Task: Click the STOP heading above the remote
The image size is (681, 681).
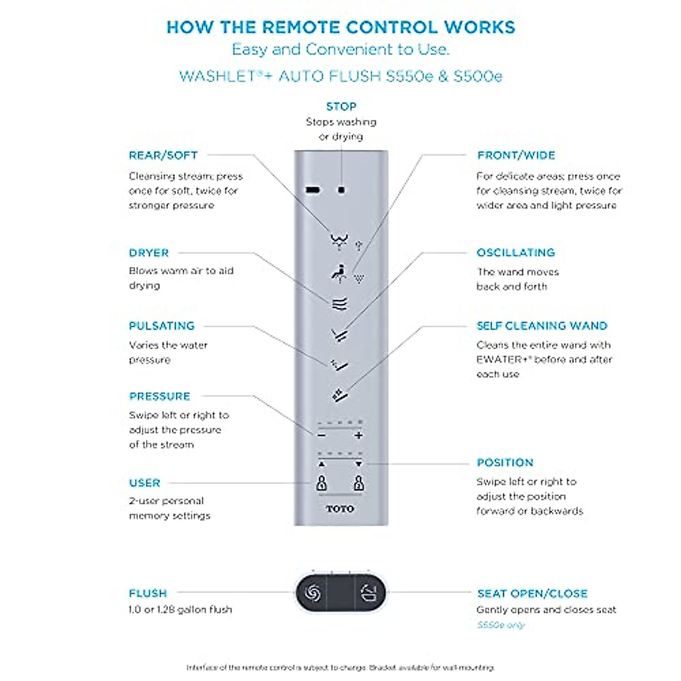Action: click(341, 107)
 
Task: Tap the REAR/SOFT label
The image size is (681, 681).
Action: click(163, 155)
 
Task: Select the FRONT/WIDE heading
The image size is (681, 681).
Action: click(516, 155)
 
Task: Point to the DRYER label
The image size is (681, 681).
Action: click(149, 253)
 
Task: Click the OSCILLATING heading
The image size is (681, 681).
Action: click(515, 253)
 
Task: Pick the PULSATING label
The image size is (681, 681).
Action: click(162, 326)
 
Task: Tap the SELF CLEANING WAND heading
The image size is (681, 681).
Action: click(542, 326)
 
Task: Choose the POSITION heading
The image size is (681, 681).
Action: click(505, 463)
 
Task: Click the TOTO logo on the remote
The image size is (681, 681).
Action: click(340, 509)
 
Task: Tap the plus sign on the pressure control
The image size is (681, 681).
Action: click(358, 436)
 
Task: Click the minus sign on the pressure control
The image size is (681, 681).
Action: click(322, 436)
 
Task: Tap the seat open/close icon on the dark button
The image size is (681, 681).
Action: click(369, 594)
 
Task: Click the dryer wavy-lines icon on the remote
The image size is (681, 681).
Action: click(339, 305)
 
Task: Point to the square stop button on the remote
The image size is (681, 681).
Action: click(341, 190)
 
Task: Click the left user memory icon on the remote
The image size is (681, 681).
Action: click(322, 484)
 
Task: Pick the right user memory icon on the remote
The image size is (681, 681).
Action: click(359, 484)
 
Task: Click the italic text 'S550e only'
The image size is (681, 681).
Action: click(501, 625)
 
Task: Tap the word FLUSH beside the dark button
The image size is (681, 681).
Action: click(148, 594)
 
